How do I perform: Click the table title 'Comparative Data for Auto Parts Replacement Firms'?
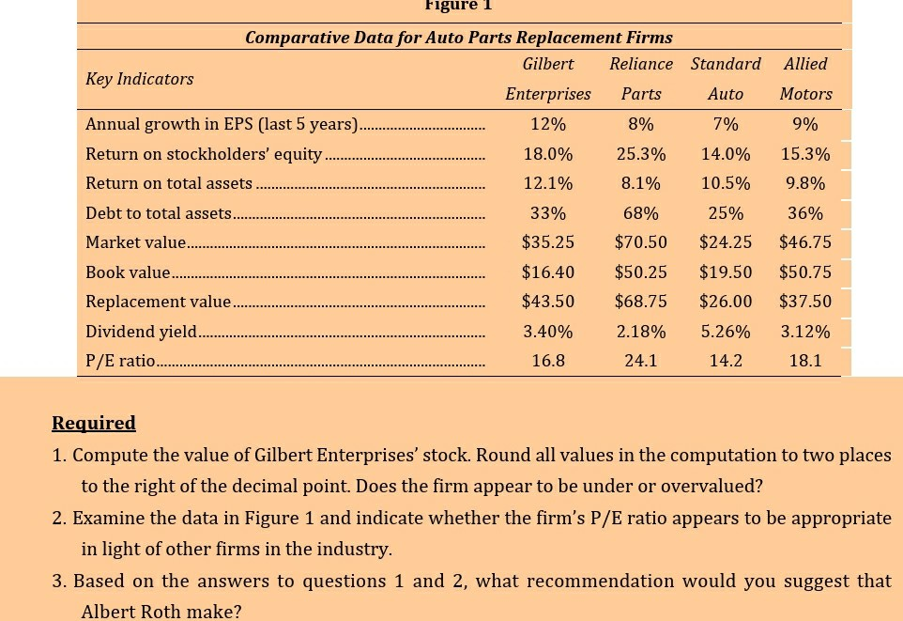[x=458, y=38]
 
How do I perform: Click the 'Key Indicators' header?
[x=139, y=79]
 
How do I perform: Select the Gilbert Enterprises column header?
[x=548, y=79]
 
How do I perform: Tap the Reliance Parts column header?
[x=641, y=79]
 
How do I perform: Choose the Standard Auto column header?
[x=726, y=79]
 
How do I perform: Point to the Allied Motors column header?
[x=805, y=79]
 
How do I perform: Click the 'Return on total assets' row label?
[x=169, y=183]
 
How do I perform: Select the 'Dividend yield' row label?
[x=141, y=332]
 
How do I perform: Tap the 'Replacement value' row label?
[x=158, y=302]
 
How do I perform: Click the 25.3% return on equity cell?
[x=641, y=154]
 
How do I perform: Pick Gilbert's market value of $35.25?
[x=548, y=242]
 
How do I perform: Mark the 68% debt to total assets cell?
[x=641, y=213]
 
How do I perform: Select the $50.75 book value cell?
[x=805, y=272]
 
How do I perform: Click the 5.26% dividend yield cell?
[x=726, y=332]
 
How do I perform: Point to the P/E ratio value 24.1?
[x=641, y=361]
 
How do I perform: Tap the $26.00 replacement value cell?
[x=726, y=302]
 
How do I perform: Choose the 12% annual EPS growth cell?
[x=548, y=124]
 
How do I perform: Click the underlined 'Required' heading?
[x=94, y=423]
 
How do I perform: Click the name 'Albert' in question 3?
[x=109, y=612]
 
